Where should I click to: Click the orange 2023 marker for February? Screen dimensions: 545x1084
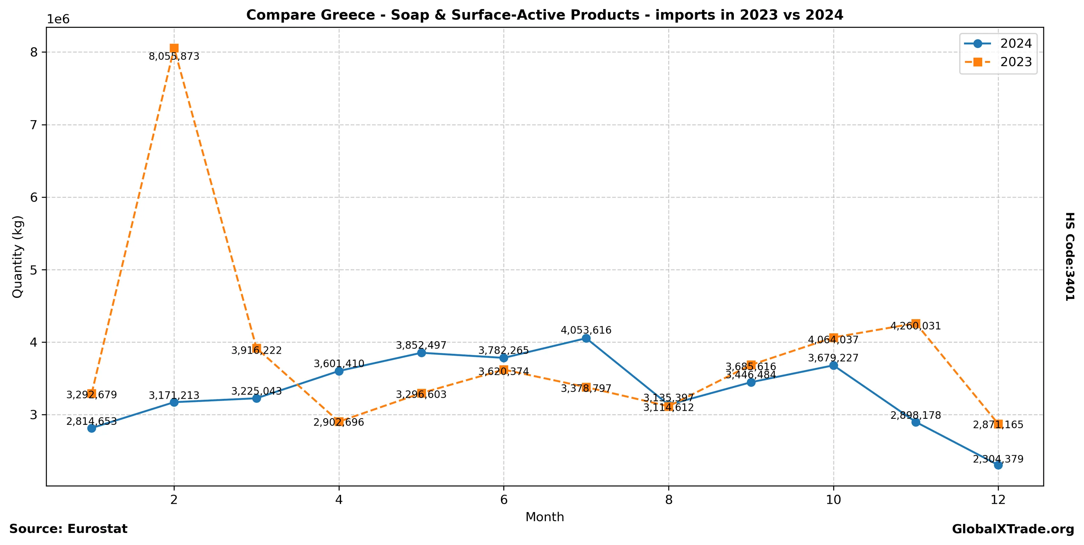click(174, 48)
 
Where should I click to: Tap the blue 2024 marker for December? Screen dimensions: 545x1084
click(998, 465)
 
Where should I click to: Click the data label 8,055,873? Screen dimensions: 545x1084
click(174, 57)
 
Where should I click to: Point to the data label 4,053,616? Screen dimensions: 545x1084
click(586, 330)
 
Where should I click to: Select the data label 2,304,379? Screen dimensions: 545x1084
click(998, 459)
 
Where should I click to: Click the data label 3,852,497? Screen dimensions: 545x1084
click(421, 345)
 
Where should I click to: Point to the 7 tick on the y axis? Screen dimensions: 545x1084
click(34, 125)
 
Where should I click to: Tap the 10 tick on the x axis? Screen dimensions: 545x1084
click(833, 500)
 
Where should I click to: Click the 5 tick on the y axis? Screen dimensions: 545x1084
click(34, 270)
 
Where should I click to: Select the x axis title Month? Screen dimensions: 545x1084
click(545, 517)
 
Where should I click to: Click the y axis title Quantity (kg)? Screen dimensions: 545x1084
click(17, 256)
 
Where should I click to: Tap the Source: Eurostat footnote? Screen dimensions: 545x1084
click(68, 529)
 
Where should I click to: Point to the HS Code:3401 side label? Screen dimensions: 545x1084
click(1070, 256)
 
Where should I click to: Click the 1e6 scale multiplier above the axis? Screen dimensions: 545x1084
click(58, 19)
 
